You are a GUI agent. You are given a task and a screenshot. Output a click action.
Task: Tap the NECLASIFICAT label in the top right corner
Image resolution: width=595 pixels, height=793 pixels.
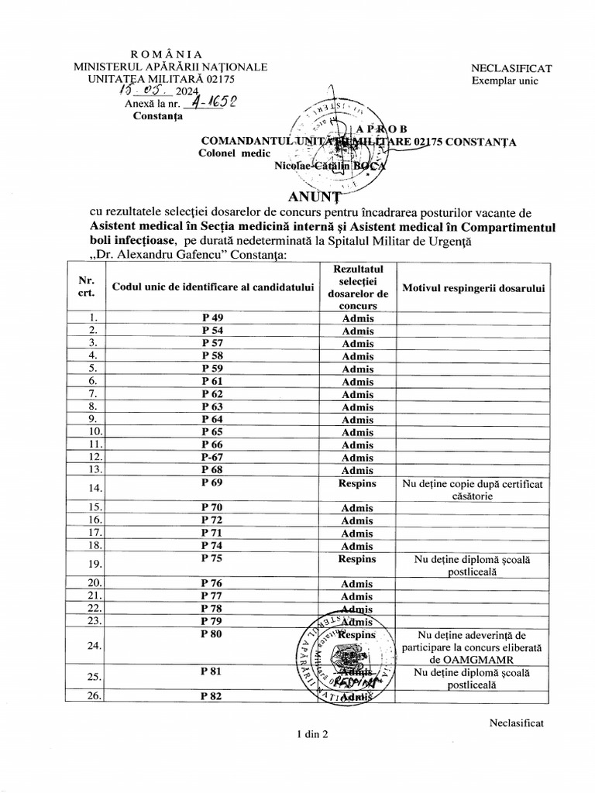[x=511, y=68]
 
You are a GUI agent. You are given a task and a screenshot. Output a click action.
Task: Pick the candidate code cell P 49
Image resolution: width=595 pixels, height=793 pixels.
[x=212, y=318]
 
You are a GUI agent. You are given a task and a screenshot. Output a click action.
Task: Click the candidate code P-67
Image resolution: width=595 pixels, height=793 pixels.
[x=212, y=458]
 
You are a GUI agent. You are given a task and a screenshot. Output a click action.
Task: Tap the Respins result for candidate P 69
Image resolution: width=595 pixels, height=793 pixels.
[x=357, y=483]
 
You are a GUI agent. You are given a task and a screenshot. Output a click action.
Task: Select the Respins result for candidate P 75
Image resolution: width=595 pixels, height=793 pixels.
[x=357, y=558]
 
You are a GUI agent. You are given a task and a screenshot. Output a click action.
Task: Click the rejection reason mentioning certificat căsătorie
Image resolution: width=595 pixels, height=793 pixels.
[x=472, y=490]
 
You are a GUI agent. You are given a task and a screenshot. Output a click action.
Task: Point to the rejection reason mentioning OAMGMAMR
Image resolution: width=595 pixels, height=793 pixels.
[x=472, y=647]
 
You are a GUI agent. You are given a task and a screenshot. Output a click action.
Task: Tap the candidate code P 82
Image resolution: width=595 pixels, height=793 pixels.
[x=212, y=695]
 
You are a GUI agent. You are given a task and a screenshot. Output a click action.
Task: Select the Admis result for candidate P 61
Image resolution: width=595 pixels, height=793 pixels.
[x=357, y=381]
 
